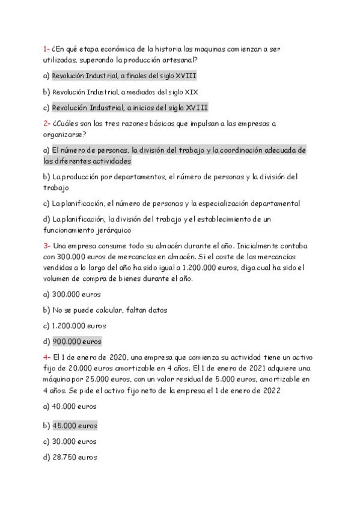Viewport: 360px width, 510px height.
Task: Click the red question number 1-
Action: [46, 49]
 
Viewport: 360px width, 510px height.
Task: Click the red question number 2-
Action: [47, 123]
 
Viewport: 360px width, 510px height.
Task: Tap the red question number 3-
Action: [47, 245]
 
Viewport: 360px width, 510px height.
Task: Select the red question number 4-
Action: [47, 356]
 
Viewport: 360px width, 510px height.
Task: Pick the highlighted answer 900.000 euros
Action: [77, 342]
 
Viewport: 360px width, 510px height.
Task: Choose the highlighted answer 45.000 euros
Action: [75, 425]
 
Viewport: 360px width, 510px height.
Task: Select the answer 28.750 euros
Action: [75, 457]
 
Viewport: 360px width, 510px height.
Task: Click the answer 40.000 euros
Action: [75, 406]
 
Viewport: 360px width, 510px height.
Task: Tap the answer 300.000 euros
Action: [76, 295]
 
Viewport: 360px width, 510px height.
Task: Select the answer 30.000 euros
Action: [75, 441]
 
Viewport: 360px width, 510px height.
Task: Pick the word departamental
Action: [272, 203]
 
